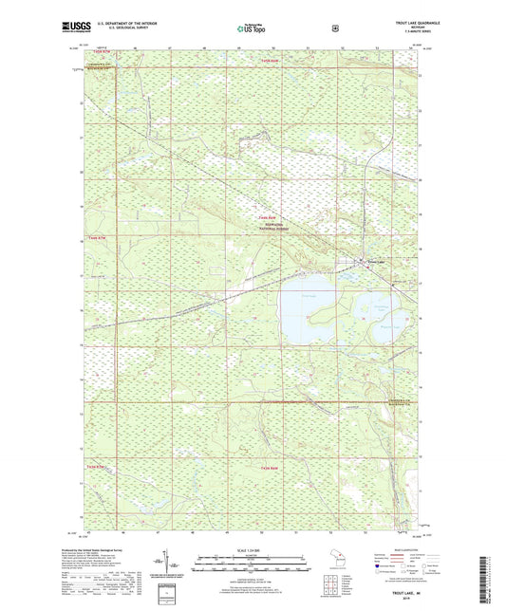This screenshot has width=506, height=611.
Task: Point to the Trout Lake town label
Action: tap(377, 261)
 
